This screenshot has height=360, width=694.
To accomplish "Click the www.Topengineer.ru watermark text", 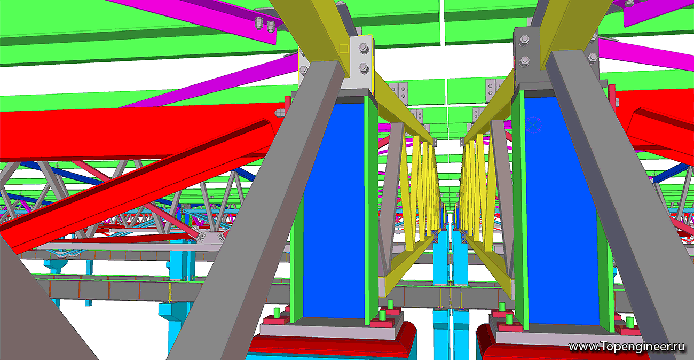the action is click(x=626, y=347).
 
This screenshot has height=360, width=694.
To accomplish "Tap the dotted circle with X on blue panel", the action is click(x=533, y=125).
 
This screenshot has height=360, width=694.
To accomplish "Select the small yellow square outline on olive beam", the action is click(x=344, y=49).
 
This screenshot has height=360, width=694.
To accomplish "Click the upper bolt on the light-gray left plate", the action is click(x=364, y=49).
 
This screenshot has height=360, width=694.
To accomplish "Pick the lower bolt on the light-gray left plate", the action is click(x=364, y=68).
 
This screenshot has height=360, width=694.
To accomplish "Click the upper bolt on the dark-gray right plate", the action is click(x=524, y=41).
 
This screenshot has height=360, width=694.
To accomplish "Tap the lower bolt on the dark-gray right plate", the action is click(x=524, y=61).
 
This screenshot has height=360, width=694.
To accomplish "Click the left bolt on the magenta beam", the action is click(x=259, y=24).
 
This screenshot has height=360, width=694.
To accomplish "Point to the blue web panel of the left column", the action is click(x=334, y=211).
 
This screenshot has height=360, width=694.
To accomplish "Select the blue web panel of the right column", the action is click(x=562, y=211).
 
